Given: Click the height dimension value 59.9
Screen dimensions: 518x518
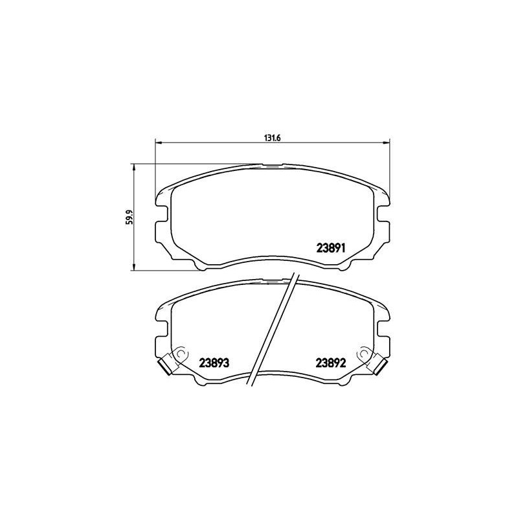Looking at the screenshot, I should click(x=129, y=216).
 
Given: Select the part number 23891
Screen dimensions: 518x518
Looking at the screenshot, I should click(x=333, y=247).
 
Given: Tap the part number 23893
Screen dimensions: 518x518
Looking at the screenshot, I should click(x=215, y=363).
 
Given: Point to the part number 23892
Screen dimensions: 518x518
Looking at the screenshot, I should click(x=333, y=363).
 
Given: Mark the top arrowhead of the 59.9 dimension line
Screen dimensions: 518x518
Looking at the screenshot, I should click(x=134, y=166).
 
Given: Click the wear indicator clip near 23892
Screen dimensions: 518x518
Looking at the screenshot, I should click(x=376, y=365).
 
